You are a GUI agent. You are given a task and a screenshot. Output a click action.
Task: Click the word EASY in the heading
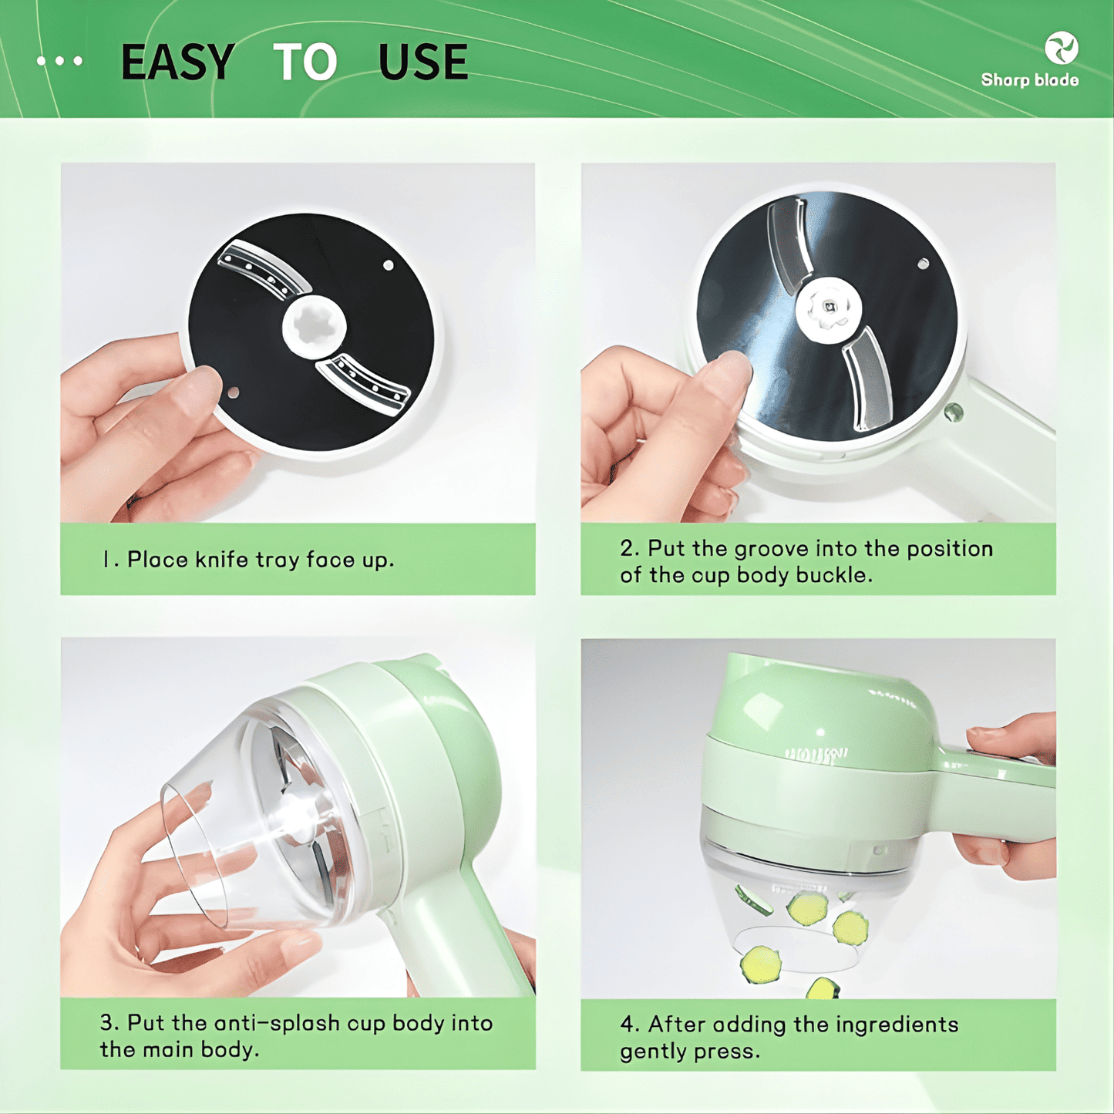(x=177, y=62)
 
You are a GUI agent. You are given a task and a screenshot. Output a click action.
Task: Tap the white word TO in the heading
(x=305, y=62)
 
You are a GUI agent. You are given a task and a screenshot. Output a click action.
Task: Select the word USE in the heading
(x=423, y=62)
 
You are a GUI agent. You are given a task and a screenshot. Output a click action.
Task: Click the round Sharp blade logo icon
(x=1061, y=48)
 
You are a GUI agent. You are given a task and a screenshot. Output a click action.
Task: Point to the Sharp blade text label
(x=1029, y=80)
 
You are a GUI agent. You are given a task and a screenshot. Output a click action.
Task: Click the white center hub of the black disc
(x=314, y=327)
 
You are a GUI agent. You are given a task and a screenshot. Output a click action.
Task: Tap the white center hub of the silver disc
(x=828, y=308)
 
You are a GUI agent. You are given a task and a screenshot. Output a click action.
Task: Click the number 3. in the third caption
(x=109, y=1023)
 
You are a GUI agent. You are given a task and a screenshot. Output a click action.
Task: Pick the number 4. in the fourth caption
(x=629, y=1025)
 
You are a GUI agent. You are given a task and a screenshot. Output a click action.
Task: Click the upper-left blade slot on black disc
(x=263, y=269)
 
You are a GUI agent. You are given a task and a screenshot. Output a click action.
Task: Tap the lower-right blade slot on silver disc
(x=868, y=378)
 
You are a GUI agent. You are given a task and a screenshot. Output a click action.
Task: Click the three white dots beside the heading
(x=59, y=61)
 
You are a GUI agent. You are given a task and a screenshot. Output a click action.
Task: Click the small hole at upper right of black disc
(x=389, y=265)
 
